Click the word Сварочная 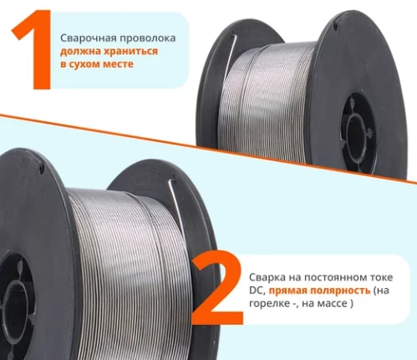[88, 38]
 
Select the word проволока [148, 38]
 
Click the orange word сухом [84, 64]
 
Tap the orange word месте [118, 64]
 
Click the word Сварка [267, 277]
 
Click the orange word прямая [287, 291]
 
